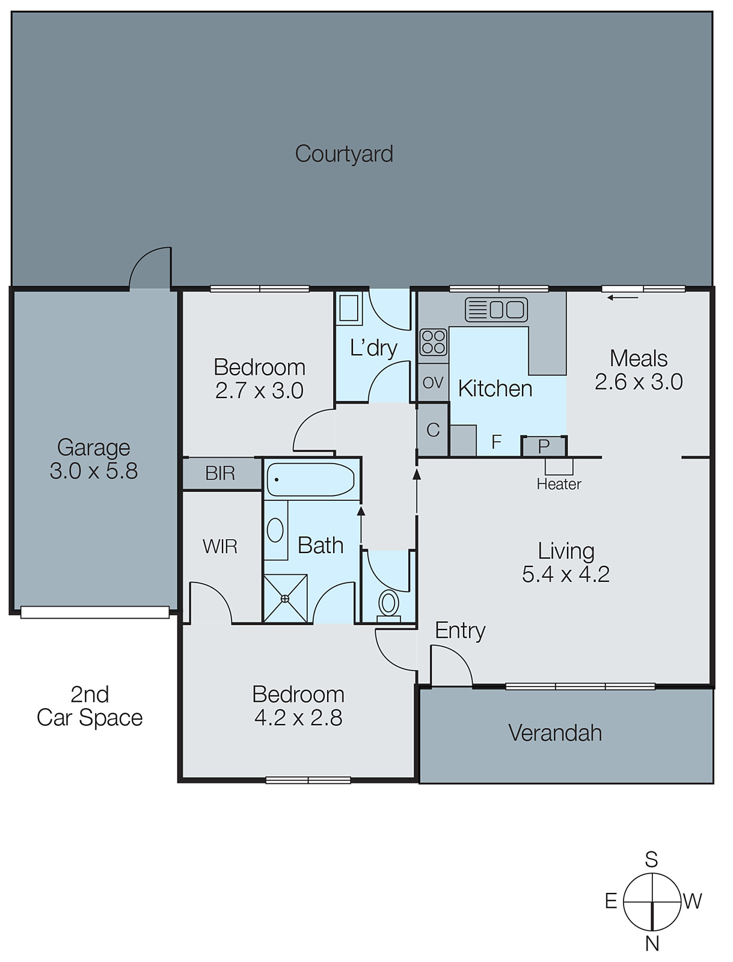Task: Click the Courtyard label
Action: coord(344,154)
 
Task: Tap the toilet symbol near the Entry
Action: coord(388,603)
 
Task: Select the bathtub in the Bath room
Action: coord(310,479)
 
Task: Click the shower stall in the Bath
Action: coord(285,598)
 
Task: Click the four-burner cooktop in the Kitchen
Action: coord(433,342)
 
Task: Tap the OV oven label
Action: coord(433,382)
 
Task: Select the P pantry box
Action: coord(544,447)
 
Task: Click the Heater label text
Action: coord(559,484)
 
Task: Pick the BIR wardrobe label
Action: coord(220,474)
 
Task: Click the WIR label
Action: coord(220,547)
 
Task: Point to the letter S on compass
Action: coord(651,860)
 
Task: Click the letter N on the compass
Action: coord(652,943)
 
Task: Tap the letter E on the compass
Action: coord(611,901)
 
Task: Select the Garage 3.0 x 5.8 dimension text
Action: coord(94,471)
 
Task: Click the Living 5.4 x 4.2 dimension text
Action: coord(566,574)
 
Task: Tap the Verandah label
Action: coord(555,733)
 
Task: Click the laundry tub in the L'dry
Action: coord(348,308)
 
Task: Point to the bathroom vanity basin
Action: coord(275,531)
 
